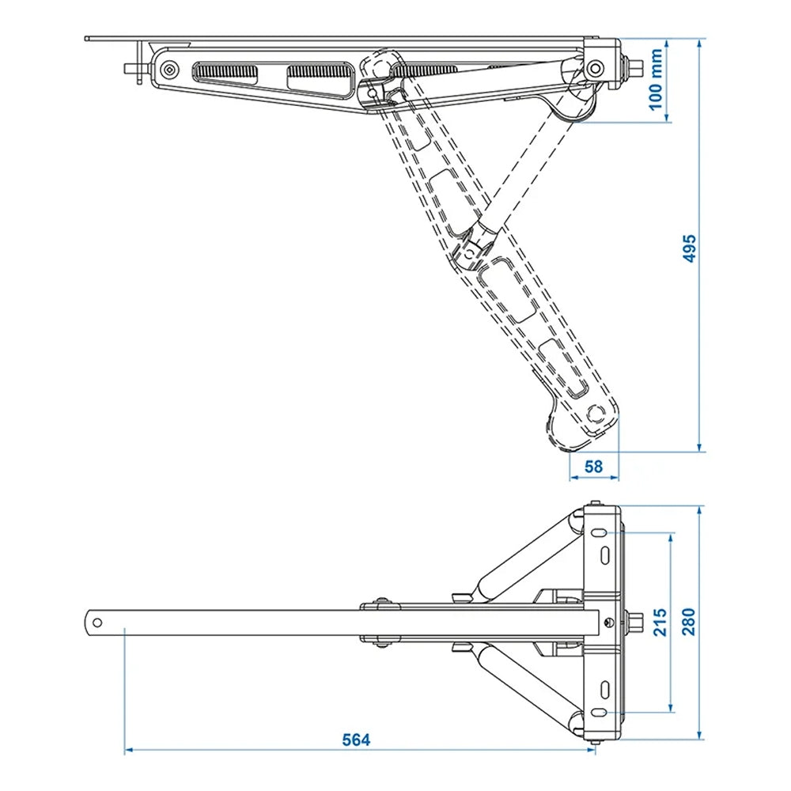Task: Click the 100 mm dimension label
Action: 656,81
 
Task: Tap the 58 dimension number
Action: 593,467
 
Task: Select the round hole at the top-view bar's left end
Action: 97,622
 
